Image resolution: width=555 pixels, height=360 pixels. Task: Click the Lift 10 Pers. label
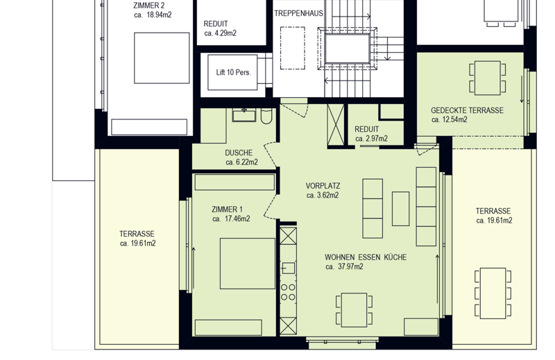point(233,73)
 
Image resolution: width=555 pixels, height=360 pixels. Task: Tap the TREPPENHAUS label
point(298,13)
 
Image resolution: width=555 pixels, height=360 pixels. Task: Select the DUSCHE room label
point(239,153)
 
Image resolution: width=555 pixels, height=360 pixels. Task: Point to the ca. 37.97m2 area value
point(344,266)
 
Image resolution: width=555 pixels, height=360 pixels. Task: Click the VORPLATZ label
point(323,186)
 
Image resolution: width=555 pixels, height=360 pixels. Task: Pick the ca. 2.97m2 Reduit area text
point(371,139)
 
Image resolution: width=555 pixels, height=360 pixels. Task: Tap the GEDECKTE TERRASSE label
point(467,110)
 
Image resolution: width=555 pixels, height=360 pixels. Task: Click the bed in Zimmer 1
point(248,264)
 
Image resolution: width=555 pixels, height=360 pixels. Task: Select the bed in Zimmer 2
point(162,58)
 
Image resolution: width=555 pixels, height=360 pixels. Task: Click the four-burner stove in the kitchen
point(288,293)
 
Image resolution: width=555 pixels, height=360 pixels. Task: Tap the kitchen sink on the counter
point(289,268)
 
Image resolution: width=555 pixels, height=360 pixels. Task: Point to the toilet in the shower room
point(266,116)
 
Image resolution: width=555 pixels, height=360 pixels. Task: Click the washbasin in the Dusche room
point(244,115)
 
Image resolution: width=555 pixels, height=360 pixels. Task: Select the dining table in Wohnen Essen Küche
point(354,310)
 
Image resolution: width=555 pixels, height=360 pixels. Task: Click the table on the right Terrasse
point(493,293)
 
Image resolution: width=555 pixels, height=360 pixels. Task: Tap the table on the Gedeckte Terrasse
point(488,78)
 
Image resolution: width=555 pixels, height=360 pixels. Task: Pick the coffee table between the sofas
point(401,209)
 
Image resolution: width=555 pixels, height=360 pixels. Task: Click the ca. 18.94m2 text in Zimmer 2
point(153,15)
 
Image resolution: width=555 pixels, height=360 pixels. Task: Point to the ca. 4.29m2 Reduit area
point(220,33)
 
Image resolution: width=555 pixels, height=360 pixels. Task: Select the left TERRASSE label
point(137,234)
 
